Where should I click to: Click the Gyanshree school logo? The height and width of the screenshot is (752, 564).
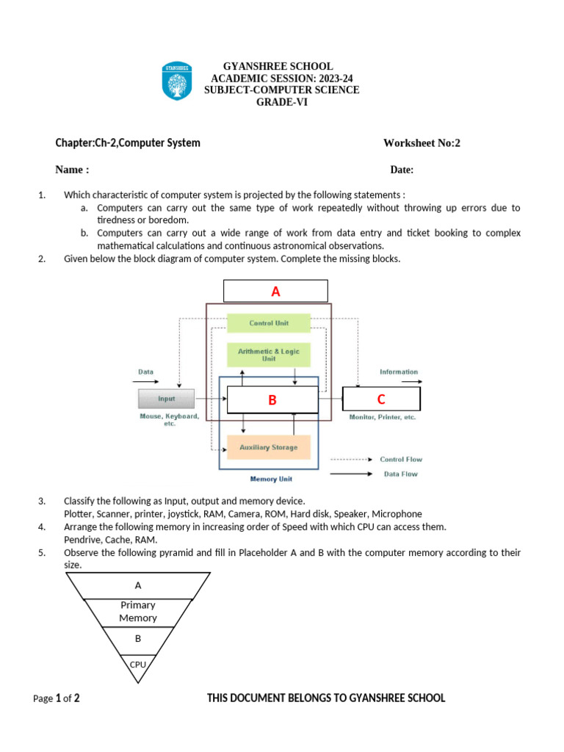point(176,82)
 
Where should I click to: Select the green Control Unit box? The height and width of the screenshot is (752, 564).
point(268,323)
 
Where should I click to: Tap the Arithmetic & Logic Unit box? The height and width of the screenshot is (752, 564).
point(268,355)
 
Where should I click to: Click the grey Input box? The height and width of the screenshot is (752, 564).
point(167,399)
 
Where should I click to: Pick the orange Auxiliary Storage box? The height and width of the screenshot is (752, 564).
point(268,447)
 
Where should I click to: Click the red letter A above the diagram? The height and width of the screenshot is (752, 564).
point(275,292)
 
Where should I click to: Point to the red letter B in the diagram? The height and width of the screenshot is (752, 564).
point(272,400)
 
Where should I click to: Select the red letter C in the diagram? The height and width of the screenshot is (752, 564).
point(381,399)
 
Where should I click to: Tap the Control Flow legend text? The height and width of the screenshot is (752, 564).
point(401,460)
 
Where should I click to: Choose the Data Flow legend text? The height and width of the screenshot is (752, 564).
point(401,474)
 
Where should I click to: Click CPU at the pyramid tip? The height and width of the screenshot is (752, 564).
point(137,665)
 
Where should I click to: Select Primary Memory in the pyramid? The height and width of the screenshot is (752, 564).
point(138,611)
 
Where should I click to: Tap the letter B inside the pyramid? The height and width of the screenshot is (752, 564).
point(138,639)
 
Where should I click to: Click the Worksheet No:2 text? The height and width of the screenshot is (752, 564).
point(422,143)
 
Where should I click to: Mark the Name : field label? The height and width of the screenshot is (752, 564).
point(72,170)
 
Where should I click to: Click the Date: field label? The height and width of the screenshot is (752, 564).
point(402,170)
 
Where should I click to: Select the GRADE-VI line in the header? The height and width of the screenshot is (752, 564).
point(281,102)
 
